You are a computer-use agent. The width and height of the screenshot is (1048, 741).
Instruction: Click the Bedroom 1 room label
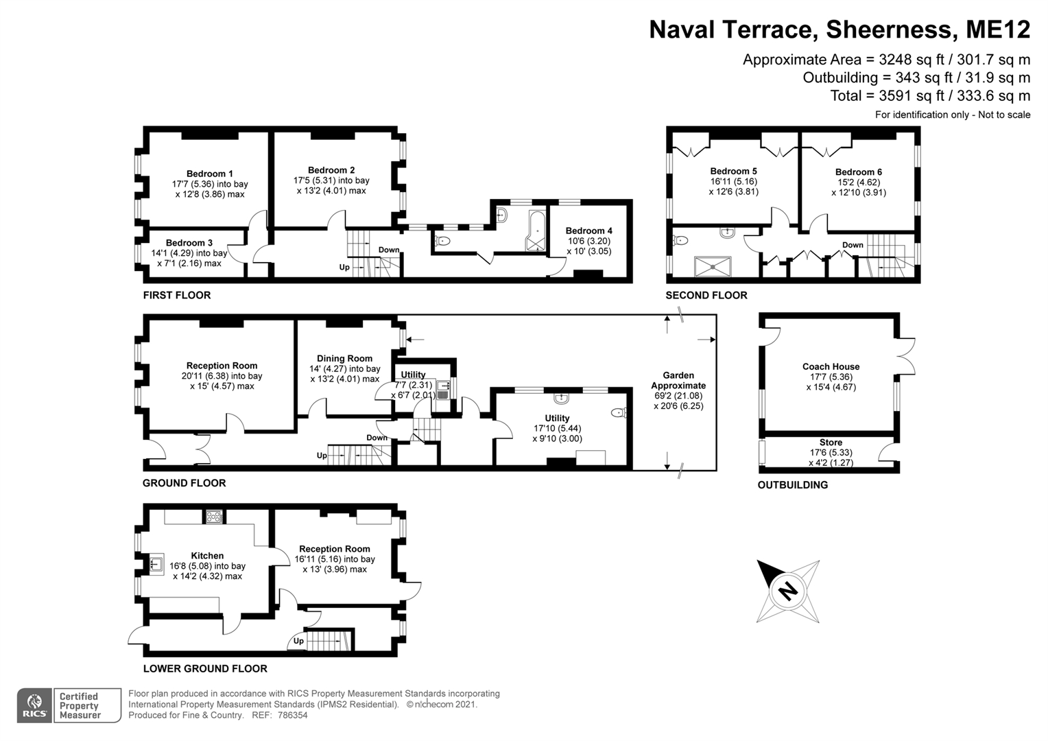click(210, 174)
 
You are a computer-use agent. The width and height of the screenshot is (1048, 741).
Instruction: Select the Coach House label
click(831, 366)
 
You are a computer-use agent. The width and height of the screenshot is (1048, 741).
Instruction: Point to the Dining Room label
click(344, 358)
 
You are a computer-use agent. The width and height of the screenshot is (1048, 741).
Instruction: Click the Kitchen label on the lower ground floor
click(207, 556)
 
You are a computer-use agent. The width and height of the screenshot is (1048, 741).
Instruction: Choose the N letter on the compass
click(789, 589)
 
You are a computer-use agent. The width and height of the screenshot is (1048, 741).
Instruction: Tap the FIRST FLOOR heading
click(176, 295)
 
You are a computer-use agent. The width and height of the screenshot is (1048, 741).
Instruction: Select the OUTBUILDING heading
click(792, 485)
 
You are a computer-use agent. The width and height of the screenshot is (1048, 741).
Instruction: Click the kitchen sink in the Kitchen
click(156, 565)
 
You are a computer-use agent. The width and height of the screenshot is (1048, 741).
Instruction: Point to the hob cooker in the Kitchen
click(214, 517)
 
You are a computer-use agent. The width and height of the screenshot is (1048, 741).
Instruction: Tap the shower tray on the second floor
click(713, 266)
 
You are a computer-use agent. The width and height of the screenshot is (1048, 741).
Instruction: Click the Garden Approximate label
click(678, 380)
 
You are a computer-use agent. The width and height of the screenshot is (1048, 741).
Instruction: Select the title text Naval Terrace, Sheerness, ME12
click(839, 30)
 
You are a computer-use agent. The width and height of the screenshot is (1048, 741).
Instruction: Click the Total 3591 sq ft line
click(929, 96)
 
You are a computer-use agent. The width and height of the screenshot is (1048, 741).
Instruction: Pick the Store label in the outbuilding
click(831, 443)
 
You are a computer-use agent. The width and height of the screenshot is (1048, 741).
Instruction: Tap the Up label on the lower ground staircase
click(298, 641)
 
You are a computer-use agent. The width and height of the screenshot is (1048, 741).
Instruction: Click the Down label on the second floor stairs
click(853, 245)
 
